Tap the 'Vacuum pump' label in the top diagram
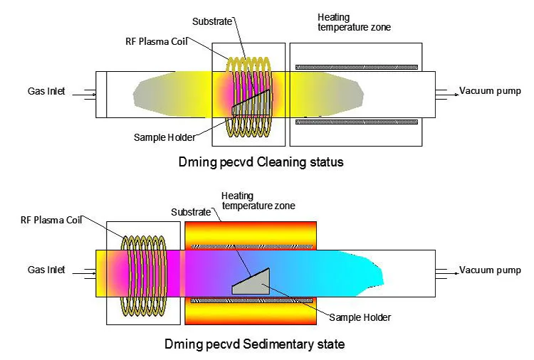pyautogui.click(x=487, y=90)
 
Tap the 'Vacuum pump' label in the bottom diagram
pyautogui.click(x=487, y=270)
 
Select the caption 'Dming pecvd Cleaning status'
pyautogui.click(x=261, y=162)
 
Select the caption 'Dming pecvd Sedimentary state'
pyautogui.click(x=255, y=344)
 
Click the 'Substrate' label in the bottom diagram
pyautogui.click(x=191, y=212)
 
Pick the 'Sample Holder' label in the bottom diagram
pyautogui.click(x=360, y=317)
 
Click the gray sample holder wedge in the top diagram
pyautogui.click(x=251, y=105)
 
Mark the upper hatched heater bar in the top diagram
pyautogui.click(x=356, y=67)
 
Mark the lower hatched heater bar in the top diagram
pyautogui.click(x=356, y=122)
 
